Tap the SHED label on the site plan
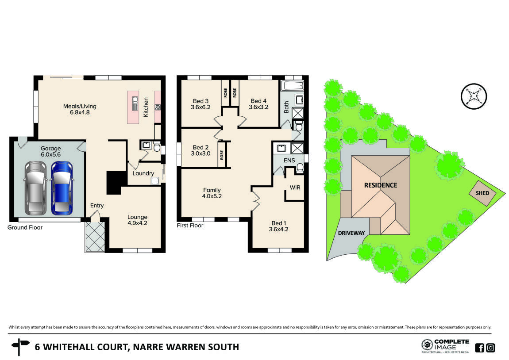(482, 193)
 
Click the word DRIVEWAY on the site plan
(351, 233)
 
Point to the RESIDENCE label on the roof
(381, 185)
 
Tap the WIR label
(295, 188)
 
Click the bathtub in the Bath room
(293, 85)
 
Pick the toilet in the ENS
(300, 168)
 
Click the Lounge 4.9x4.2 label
(137, 220)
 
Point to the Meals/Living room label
(80, 109)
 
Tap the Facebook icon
(479, 348)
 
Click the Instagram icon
(490, 348)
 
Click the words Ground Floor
(25, 227)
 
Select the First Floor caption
(190, 226)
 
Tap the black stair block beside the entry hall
(114, 182)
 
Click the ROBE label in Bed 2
(222, 155)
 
